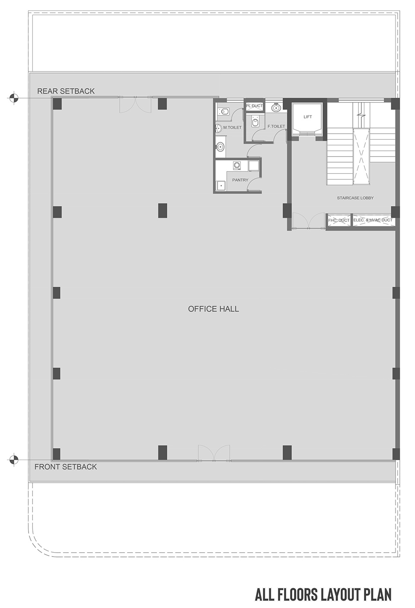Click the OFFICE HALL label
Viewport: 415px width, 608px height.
click(x=213, y=309)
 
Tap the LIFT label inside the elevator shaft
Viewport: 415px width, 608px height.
click(x=307, y=117)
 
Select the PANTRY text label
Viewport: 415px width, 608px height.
click(x=240, y=180)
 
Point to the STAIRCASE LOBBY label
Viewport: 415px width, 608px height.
click(x=355, y=198)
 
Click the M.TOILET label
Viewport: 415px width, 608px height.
click(x=232, y=127)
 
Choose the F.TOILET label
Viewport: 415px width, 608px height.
click(x=276, y=126)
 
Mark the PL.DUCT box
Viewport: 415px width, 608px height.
click(x=254, y=106)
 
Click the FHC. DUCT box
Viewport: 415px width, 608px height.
click(x=339, y=220)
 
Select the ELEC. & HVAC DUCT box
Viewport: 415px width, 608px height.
click(x=373, y=220)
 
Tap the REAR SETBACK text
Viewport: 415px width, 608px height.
click(x=66, y=91)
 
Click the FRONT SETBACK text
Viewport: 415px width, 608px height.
click(x=66, y=467)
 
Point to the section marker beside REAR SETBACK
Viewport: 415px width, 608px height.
click(x=13, y=98)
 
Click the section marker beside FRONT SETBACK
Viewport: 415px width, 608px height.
click(x=13, y=460)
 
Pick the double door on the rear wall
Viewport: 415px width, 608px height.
click(x=135, y=105)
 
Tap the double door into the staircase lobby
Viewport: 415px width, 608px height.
click(x=309, y=221)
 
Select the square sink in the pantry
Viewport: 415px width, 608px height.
click(x=221, y=186)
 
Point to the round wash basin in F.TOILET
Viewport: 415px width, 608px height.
click(x=276, y=108)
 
